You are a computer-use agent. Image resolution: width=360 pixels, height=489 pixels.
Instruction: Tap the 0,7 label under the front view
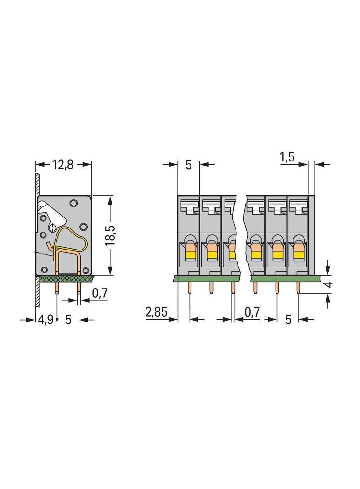coord(252,313)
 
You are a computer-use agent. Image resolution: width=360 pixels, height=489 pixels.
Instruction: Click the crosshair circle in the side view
coord(53,227)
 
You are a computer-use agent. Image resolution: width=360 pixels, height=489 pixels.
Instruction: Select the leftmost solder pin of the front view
coord(189,288)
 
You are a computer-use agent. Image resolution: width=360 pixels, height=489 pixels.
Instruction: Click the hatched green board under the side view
coord(64,278)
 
